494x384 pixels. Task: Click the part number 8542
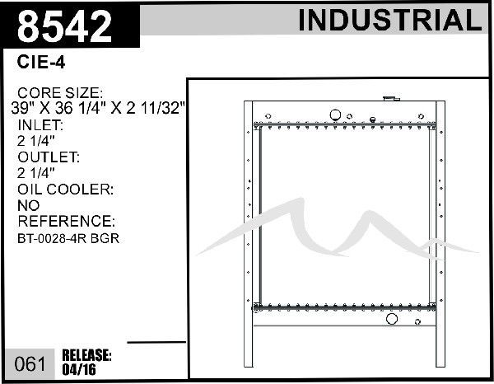coord(64,26)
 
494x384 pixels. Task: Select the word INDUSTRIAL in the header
coord(390,20)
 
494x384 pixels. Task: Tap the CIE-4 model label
coord(41,62)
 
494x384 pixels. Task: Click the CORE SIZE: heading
coord(60,92)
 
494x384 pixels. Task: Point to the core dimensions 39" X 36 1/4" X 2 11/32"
coord(98,108)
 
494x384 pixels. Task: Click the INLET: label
coord(40,125)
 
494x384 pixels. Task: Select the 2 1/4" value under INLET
coord(36,141)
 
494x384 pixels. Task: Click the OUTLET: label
coord(49,157)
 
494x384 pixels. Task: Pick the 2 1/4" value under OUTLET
coord(36,173)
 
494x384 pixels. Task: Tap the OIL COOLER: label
coord(66,190)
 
